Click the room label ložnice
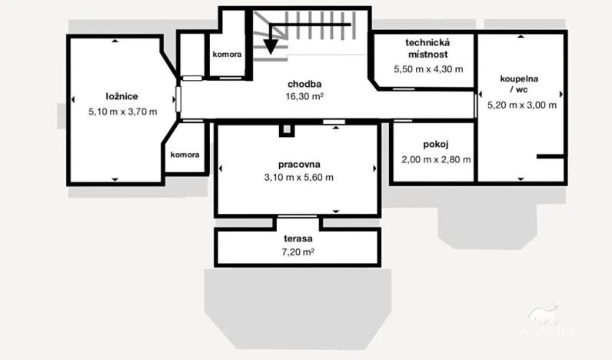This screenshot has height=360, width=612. point(122,96)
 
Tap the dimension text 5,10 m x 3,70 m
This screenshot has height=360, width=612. point(123,111)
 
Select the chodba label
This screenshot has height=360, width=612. point(304,84)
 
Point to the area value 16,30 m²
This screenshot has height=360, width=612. point(304,97)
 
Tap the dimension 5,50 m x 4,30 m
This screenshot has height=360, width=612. point(428,68)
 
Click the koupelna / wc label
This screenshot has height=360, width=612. point(519,84)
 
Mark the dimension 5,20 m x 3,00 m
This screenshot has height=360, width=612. point(521,105)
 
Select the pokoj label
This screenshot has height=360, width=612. point(435,145)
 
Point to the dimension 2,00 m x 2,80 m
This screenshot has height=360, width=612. point(436,160)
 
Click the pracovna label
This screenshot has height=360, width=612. point(299,164)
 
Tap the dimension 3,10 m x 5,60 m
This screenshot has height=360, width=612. point(299,178)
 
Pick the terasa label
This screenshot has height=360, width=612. point(298,238)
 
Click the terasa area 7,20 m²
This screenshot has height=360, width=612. point(298,252)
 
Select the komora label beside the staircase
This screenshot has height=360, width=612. point(228,55)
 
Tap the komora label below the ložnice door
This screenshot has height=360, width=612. point(185,155)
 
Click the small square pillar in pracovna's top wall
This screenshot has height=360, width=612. point(287,130)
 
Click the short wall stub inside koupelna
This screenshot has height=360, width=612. point(550,158)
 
